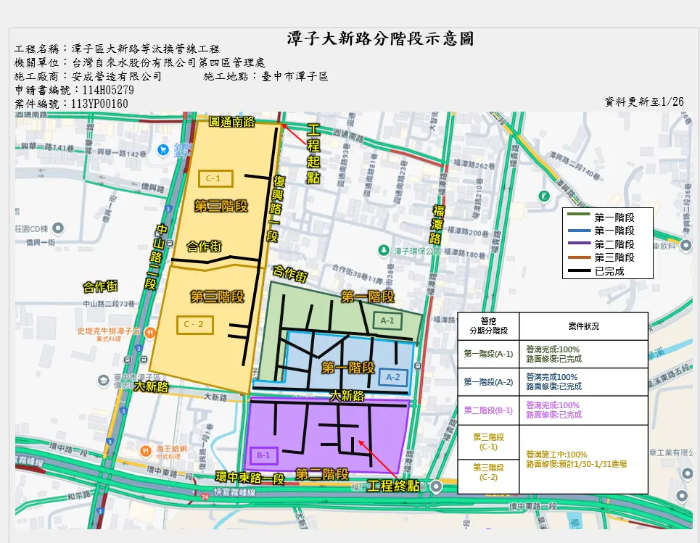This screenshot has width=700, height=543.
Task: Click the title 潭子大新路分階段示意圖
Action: click(x=380, y=38)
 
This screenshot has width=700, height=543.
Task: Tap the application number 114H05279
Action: click(x=108, y=91)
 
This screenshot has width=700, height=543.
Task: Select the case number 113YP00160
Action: click(x=99, y=104)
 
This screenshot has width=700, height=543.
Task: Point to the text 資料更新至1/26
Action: click(x=644, y=101)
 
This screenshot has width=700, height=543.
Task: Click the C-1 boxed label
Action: click(x=213, y=178)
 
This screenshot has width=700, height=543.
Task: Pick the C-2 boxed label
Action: click(x=194, y=325)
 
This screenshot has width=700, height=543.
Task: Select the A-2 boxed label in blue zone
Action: click(x=393, y=377)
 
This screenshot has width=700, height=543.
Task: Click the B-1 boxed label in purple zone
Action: click(x=263, y=456)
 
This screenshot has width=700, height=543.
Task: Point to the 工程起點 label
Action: click(x=313, y=154)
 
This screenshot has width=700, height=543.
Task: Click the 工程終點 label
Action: click(x=393, y=486)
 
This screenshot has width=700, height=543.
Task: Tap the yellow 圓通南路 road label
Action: click(x=232, y=121)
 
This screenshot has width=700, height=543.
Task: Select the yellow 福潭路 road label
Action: click(x=438, y=224)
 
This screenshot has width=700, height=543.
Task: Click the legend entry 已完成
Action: click(x=609, y=271)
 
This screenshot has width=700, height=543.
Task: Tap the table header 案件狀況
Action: click(x=582, y=326)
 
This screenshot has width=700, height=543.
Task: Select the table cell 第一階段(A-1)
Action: click(x=488, y=354)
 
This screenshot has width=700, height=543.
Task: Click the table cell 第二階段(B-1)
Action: click(x=488, y=410)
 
